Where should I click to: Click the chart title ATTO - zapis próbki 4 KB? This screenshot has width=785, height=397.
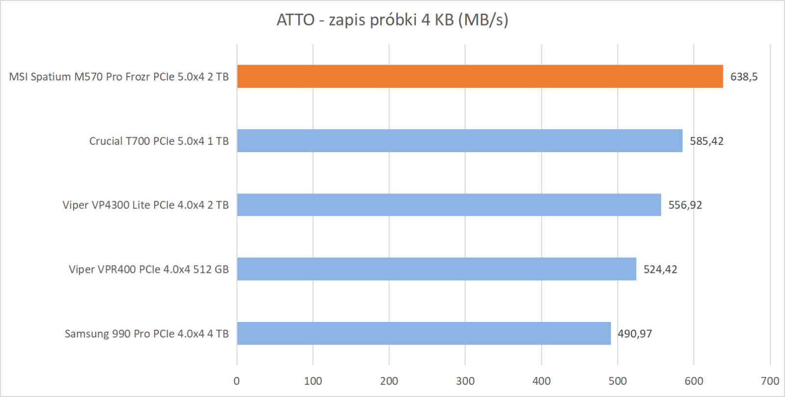coord(392,20)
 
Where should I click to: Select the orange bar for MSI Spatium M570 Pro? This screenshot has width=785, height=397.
coord(480,77)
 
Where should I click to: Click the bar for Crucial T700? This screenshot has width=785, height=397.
coord(460,141)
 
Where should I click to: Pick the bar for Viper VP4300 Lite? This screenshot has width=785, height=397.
coord(449,205)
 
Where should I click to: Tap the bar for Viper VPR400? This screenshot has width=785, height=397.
coord(437,269)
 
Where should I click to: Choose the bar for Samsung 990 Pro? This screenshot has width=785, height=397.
coord(424,333)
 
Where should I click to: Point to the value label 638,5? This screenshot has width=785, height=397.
coord(744,77)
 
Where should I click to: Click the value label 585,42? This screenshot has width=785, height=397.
coord(706,141)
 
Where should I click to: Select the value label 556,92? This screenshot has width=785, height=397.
coord(685,205)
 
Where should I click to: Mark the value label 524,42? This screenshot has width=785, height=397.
coord(660,269)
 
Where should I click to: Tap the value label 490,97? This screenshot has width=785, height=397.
coord(635,334)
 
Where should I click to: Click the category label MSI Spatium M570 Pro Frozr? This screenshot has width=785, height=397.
coord(119,77)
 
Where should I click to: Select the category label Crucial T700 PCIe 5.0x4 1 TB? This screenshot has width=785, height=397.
coord(159,141)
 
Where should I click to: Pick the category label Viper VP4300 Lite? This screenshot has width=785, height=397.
coord(146,205)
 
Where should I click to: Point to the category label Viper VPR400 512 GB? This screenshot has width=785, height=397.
coord(149,269)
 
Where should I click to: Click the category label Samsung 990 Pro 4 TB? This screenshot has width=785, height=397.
coord(147,334)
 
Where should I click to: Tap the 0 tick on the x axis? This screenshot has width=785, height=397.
coord(236,381)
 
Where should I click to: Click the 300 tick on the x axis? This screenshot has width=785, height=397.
coord(465,381)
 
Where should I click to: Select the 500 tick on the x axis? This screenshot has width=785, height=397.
coord(618,381)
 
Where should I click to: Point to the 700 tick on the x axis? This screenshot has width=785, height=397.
coord(770,381)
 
